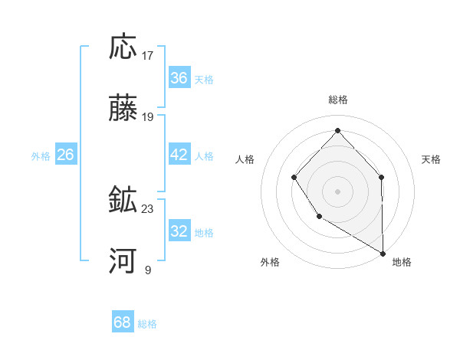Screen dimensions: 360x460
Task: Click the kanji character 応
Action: [123, 47]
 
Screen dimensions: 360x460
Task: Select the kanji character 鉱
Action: [123, 200]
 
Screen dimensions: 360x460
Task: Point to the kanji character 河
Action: [123, 262]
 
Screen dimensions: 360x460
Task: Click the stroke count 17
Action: [148, 55]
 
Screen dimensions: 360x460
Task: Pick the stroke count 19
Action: [148, 117]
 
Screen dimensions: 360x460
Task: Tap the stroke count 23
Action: [148, 208]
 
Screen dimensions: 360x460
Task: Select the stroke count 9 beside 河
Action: [148, 270]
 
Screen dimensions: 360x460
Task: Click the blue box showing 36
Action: [179, 78]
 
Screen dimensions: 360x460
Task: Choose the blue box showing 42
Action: [179, 155]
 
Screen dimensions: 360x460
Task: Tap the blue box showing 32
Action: [179, 231]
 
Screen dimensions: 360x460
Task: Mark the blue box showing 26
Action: [65, 155]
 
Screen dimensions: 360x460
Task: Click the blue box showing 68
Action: [122, 322]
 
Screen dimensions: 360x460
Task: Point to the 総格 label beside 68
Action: [147, 324]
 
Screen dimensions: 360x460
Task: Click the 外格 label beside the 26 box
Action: [41, 156]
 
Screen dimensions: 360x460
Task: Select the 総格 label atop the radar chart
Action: [338, 100]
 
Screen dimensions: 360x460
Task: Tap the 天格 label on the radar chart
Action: [431, 159]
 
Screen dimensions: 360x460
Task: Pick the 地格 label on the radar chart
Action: [402, 262]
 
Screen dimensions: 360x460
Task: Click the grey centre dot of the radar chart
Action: [337, 191]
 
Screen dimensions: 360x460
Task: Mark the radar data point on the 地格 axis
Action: [383, 254]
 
